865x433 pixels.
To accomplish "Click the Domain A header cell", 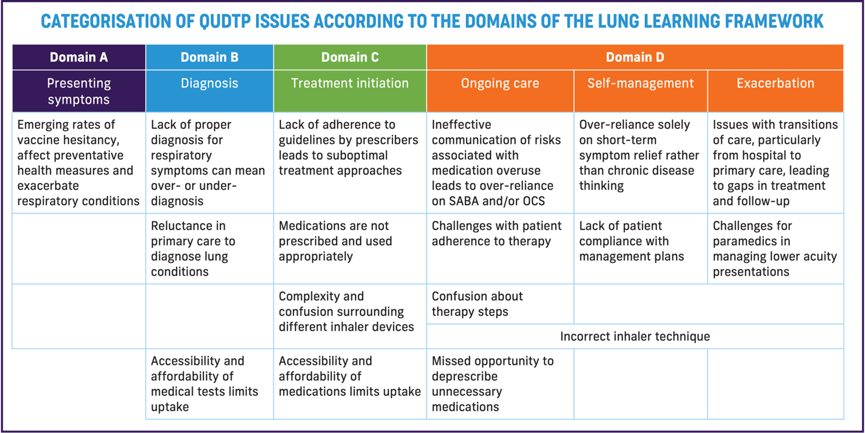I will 79,57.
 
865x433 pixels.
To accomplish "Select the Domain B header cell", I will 209,57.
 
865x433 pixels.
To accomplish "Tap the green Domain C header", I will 350,57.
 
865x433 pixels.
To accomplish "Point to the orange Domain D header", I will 635,57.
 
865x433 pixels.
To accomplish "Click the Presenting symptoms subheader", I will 79,91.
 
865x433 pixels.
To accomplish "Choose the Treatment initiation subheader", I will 350,83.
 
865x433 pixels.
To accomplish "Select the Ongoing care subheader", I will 500,83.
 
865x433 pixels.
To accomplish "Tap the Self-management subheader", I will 641,83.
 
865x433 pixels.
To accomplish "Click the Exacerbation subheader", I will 775,83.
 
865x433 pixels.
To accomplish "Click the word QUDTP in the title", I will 225,22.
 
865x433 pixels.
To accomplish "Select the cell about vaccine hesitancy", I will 78,163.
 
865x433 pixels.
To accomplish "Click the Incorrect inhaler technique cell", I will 635,336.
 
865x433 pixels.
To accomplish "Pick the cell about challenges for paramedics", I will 775,249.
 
